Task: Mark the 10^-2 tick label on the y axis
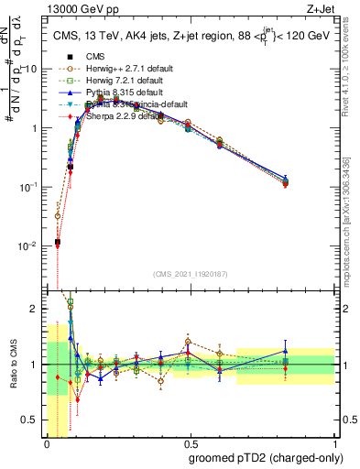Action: [32, 246]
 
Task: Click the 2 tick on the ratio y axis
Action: [38, 309]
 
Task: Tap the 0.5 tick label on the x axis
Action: [191, 444]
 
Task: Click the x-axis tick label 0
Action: [47, 444]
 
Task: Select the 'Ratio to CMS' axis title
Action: [12, 366]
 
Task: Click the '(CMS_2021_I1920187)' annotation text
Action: [190, 273]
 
